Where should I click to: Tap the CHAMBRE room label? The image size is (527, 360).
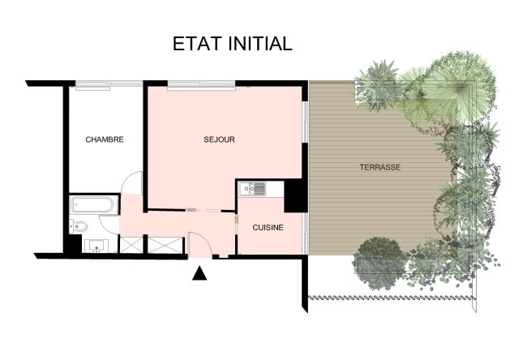pyautogui.click(x=105, y=139)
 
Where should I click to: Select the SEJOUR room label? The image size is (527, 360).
pyautogui.click(x=219, y=139)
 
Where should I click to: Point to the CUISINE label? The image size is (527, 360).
pyautogui.click(x=268, y=228)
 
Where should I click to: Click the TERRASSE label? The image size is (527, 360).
pyautogui.click(x=380, y=167)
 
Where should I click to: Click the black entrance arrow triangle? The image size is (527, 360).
pyautogui.click(x=199, y=273)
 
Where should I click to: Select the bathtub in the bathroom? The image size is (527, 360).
pyautogui.click(x=93, y=204)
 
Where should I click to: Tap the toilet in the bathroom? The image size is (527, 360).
pyautogui.click(x=79, y=226)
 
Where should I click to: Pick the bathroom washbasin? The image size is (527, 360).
pyautogui.click(x=96, y=246)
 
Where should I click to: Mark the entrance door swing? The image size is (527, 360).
pyautogui.click(x=199, y=244)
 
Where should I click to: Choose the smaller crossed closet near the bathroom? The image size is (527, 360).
pyautogui.click(x=131, y=245)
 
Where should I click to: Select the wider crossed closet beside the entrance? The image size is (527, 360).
pyautogui.click(x=165, y=245)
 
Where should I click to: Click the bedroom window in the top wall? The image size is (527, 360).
pyautogui.click(x=109, y=84)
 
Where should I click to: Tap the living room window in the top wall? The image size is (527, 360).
pyautogui.click(x=201, y=85)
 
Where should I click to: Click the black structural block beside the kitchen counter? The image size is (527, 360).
pyautogui.click(x=295, y=196)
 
